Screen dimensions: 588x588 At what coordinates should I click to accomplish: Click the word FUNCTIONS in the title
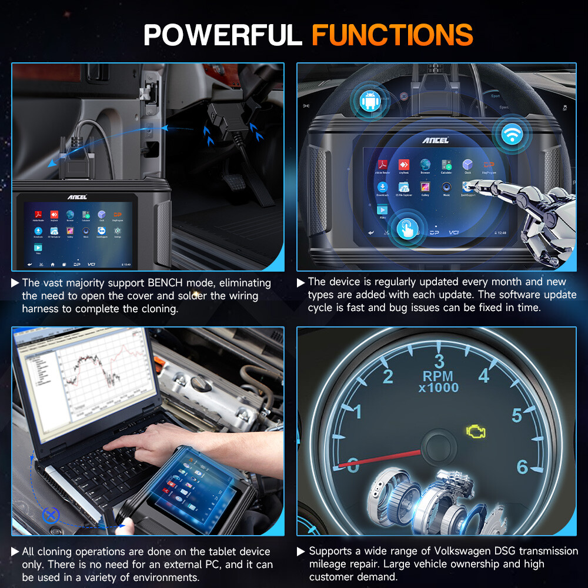[x=392, y=35]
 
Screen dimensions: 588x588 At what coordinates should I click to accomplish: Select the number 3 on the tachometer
[x=439, y=360]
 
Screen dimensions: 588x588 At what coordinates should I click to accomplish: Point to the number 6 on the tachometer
[x=522, y=467]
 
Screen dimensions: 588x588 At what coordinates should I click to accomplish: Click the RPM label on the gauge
[x=438, y=376]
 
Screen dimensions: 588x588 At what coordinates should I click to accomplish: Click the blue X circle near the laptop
[x=52, y=516]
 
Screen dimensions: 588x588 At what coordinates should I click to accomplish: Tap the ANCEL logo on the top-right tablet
[x=435, y=140]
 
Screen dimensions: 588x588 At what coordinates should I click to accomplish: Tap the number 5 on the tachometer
[x=516, y=415]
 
